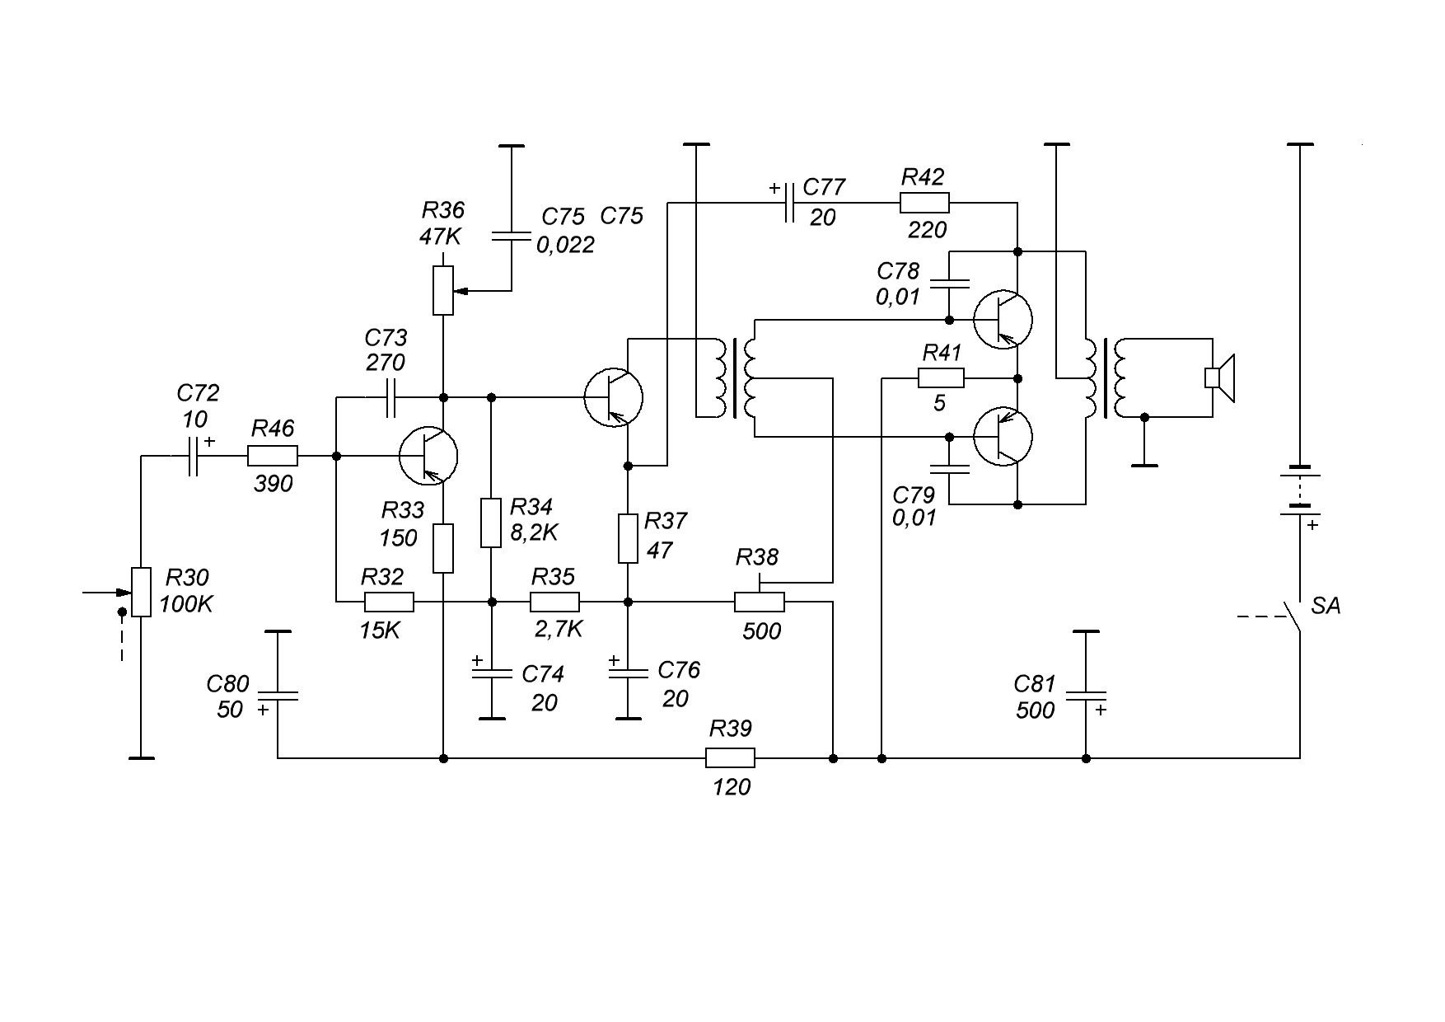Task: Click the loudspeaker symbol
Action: tap(1221, 377)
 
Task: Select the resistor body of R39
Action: tap(730, 757)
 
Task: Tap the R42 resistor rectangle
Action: tap(924, 203)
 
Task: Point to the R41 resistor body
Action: tap(941, 378)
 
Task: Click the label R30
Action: tap(187, 577)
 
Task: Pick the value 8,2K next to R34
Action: tap(534, 532)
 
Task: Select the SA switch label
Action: tap(1326, 606)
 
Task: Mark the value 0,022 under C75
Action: tap(565, 245)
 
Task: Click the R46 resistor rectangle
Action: tap(273, 456)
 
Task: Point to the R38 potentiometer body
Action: tap(760, 602)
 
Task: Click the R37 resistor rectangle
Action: tap(628, 538)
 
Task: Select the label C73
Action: tap(386, 338)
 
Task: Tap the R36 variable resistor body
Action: tap(443, 290)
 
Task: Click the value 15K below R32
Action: tap(380, 631)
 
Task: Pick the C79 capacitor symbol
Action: tap(949, 470)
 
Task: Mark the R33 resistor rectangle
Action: tap(443, 548)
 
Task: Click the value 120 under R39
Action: tap(732, 788)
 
